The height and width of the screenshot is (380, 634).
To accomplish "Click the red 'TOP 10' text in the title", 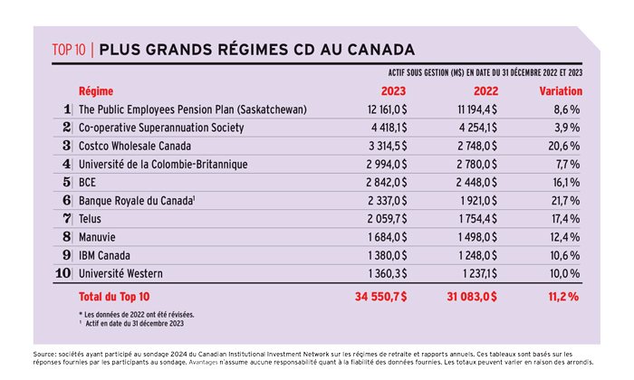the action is [69, 50].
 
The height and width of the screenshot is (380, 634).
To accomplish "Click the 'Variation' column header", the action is [561, 91].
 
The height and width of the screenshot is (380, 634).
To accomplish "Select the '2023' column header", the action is [393, 91].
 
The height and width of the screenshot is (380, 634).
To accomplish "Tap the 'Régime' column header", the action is [96, 91].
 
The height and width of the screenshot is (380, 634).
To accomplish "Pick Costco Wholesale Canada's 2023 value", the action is [388, 146].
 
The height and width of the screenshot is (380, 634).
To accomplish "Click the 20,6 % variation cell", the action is [564, 146].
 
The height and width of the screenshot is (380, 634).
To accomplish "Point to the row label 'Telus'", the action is [90, 219].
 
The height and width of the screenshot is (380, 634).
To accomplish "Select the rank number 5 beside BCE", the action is [67, 182].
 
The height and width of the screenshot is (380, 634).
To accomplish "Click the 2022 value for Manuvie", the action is [477, 237].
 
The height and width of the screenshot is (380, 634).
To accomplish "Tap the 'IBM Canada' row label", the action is [104, 256].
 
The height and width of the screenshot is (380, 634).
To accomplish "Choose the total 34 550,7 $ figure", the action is [381, 297].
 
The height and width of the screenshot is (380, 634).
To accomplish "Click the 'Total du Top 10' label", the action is [114, 297].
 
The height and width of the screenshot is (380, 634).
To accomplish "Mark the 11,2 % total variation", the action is [563, 297].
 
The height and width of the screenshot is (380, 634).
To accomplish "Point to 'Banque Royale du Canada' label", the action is [136, 201].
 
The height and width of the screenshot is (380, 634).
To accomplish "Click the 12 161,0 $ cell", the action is [387, 109].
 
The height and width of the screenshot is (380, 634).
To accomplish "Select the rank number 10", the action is [63, 273].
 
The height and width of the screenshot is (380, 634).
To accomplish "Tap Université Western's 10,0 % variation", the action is [564, 274].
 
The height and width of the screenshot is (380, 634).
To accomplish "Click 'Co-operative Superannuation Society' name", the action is [161, 128].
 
